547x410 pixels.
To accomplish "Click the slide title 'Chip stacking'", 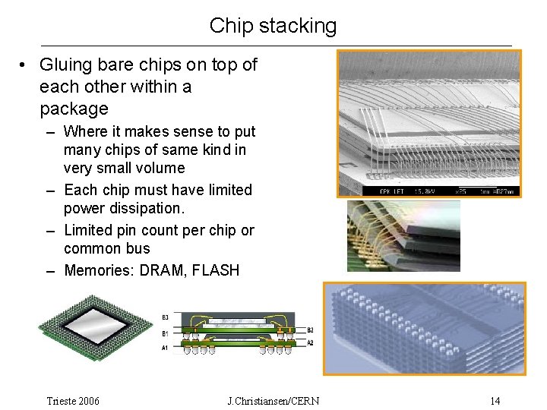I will (x=273, y=26).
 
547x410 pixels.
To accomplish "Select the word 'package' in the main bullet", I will (x=74, y=109).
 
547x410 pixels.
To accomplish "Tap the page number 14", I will (x=495, y=401).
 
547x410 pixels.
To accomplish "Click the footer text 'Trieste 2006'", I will (x=73, y=401).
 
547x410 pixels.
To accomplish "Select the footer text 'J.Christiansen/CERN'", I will (x=273, y=401).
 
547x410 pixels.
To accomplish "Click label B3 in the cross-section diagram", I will (x=166, y=317).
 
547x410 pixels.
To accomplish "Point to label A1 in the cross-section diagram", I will (x=166, y=348).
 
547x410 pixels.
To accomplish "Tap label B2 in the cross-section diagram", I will (x=310, y=330).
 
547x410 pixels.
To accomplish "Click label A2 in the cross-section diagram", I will (x=310, y=343).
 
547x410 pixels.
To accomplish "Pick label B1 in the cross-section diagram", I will (x=166, y=333).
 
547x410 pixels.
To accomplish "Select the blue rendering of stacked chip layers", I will (x=424, y=328).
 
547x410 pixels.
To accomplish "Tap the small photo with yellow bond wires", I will (x=403, y=235).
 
